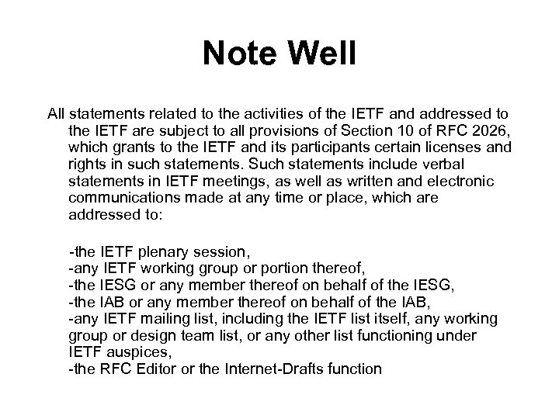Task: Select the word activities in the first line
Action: [250, 114]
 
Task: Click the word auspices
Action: [133, 352]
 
